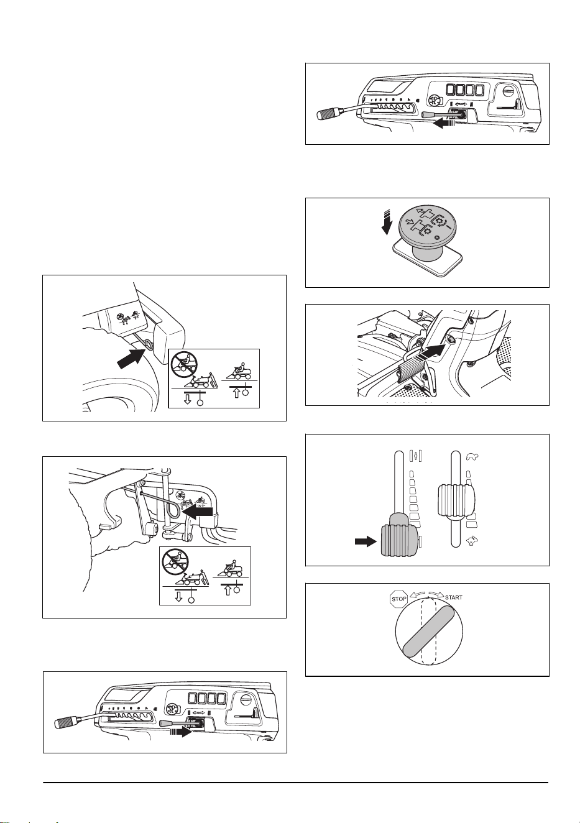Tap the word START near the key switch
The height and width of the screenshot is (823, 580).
(454, 597)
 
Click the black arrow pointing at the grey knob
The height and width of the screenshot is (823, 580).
(366, 541)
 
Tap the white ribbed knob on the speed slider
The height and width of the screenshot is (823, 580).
(456, 500)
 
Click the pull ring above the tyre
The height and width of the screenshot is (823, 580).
(149, 344)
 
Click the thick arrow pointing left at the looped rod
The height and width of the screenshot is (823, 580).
(200, 511)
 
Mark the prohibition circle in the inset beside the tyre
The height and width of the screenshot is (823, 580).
(184, 364)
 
